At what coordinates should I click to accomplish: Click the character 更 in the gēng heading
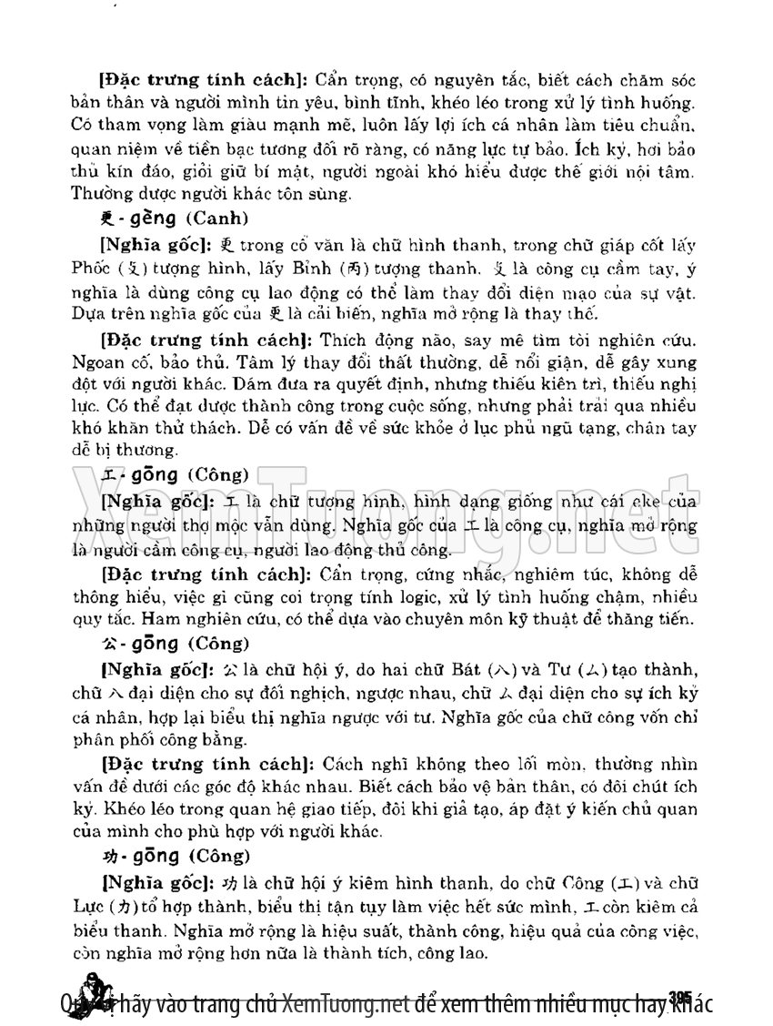[106, 218]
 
